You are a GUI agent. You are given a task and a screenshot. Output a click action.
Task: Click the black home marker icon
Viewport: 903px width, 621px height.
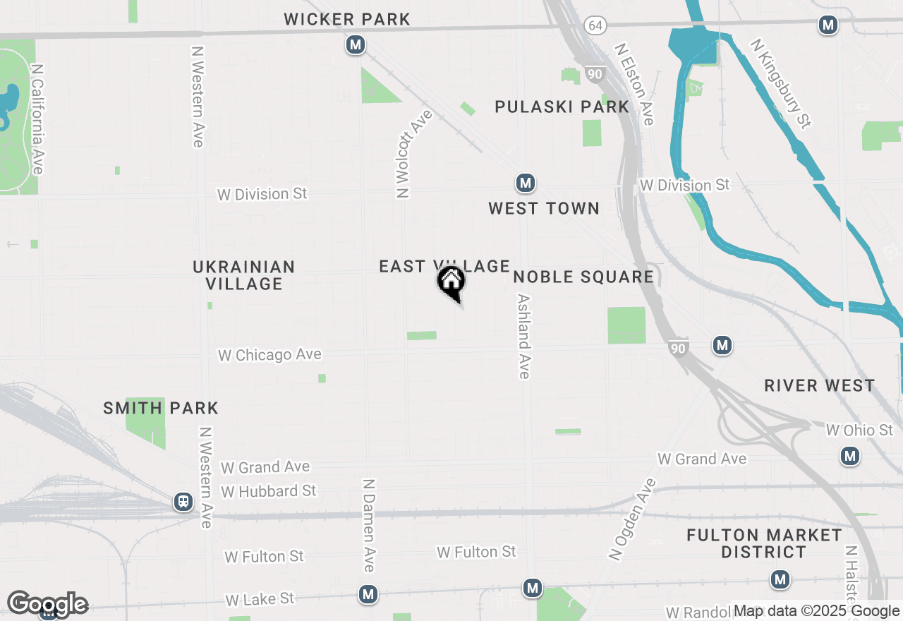pos(451,282)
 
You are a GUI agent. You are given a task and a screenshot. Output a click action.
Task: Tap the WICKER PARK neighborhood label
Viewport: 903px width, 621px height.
pos(347,19)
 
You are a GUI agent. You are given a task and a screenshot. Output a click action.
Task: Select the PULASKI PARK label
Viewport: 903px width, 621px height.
pos(562,107)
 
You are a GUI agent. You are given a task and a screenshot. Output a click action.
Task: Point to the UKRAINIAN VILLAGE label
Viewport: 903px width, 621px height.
pos(244,275)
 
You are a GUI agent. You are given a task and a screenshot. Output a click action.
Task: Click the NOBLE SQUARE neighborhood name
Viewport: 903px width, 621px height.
pos(583,277)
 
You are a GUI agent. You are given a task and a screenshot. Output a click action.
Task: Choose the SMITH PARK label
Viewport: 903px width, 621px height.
pos(161,408)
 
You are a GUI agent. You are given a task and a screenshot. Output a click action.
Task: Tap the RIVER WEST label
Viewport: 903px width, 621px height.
pos(819,385)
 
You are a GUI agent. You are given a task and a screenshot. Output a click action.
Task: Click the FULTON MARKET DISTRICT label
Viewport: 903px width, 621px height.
pos(764,543)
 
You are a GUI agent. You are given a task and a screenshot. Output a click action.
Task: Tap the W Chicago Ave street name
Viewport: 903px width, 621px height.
pos(269,355)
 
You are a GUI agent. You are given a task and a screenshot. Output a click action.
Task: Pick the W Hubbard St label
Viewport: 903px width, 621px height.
pos(269,490)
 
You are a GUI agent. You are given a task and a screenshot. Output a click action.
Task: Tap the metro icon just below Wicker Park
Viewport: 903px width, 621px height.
pos(356,45)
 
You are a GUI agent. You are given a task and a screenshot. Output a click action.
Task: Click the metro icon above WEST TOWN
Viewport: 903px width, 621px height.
pos(524,183)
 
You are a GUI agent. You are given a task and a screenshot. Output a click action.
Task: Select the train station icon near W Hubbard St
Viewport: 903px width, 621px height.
pos(183,502)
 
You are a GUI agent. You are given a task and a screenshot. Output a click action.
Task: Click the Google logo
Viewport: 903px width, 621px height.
pos(47,604)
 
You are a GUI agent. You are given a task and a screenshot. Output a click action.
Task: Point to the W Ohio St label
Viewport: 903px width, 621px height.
pos(859,430)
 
